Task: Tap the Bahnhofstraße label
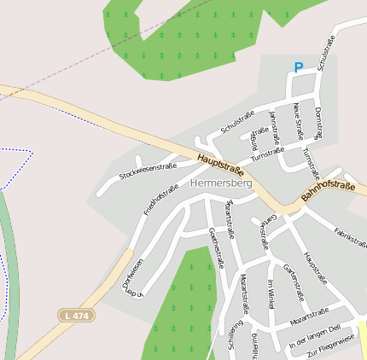[x=328, y=191]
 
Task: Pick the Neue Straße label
[x=298, y=120]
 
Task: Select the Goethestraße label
[x=216, y=248]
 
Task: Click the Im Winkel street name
[x=271, y=294]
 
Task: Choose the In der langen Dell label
[x=315, y=336]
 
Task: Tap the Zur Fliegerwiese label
[x=330, y=346]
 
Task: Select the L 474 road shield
[x=77, y=316]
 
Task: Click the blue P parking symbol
[x=298, y=67]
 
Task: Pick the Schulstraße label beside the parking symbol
[x=325, y=53]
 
